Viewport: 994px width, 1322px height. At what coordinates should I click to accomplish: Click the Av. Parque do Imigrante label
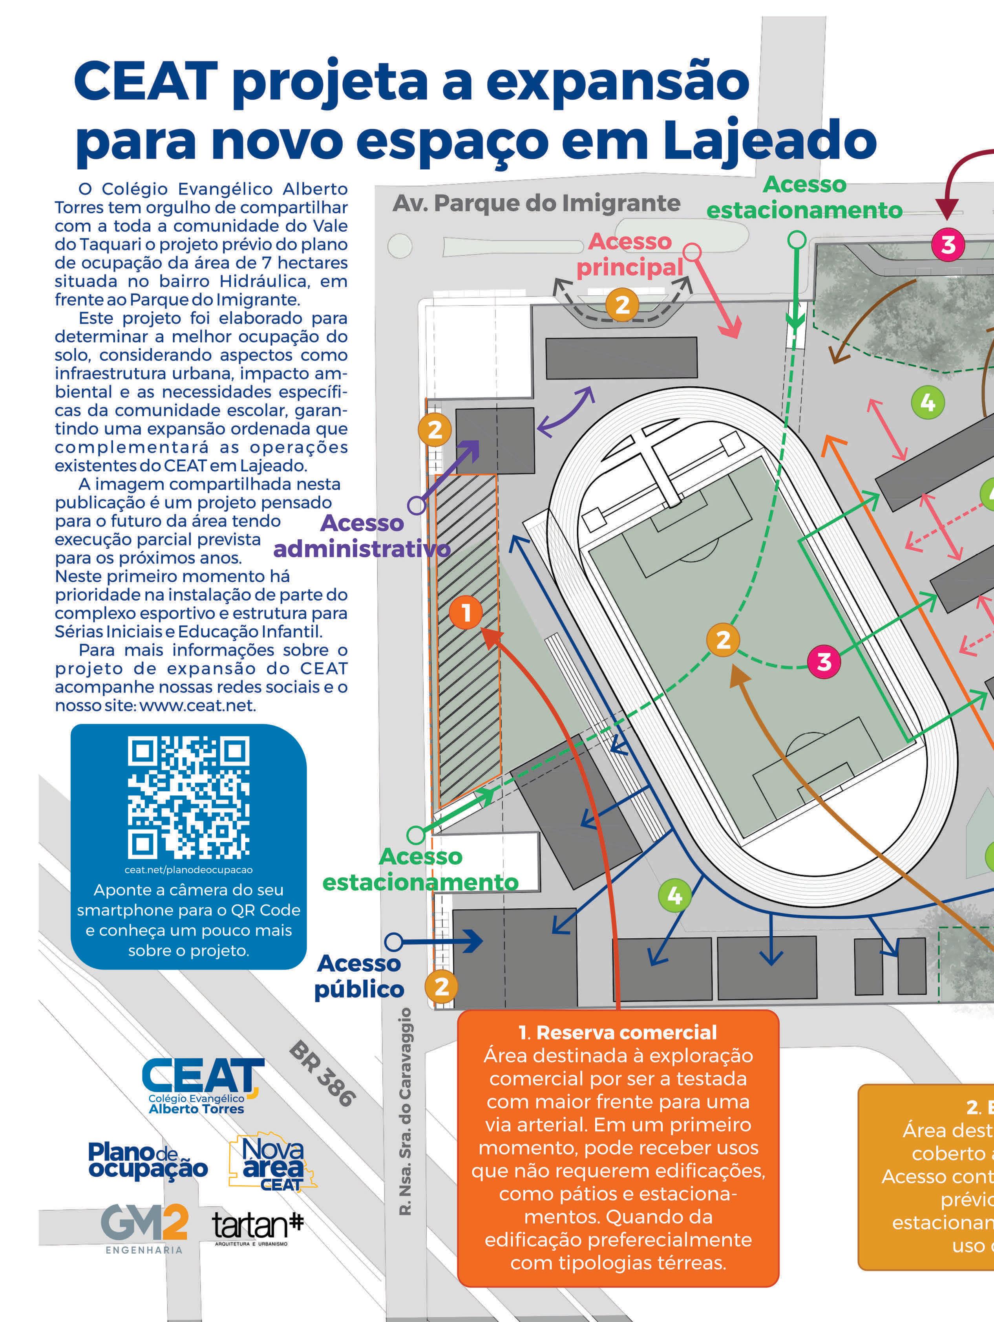(536, 203)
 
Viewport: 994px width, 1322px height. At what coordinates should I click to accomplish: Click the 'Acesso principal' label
(630, 254)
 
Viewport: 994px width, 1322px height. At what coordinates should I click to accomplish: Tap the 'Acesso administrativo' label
(362, 535)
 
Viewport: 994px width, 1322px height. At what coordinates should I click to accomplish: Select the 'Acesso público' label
(359, 976)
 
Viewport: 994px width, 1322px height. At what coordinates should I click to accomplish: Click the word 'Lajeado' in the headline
(769, 140)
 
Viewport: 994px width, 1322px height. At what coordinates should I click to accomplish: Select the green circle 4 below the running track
(674, 895)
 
